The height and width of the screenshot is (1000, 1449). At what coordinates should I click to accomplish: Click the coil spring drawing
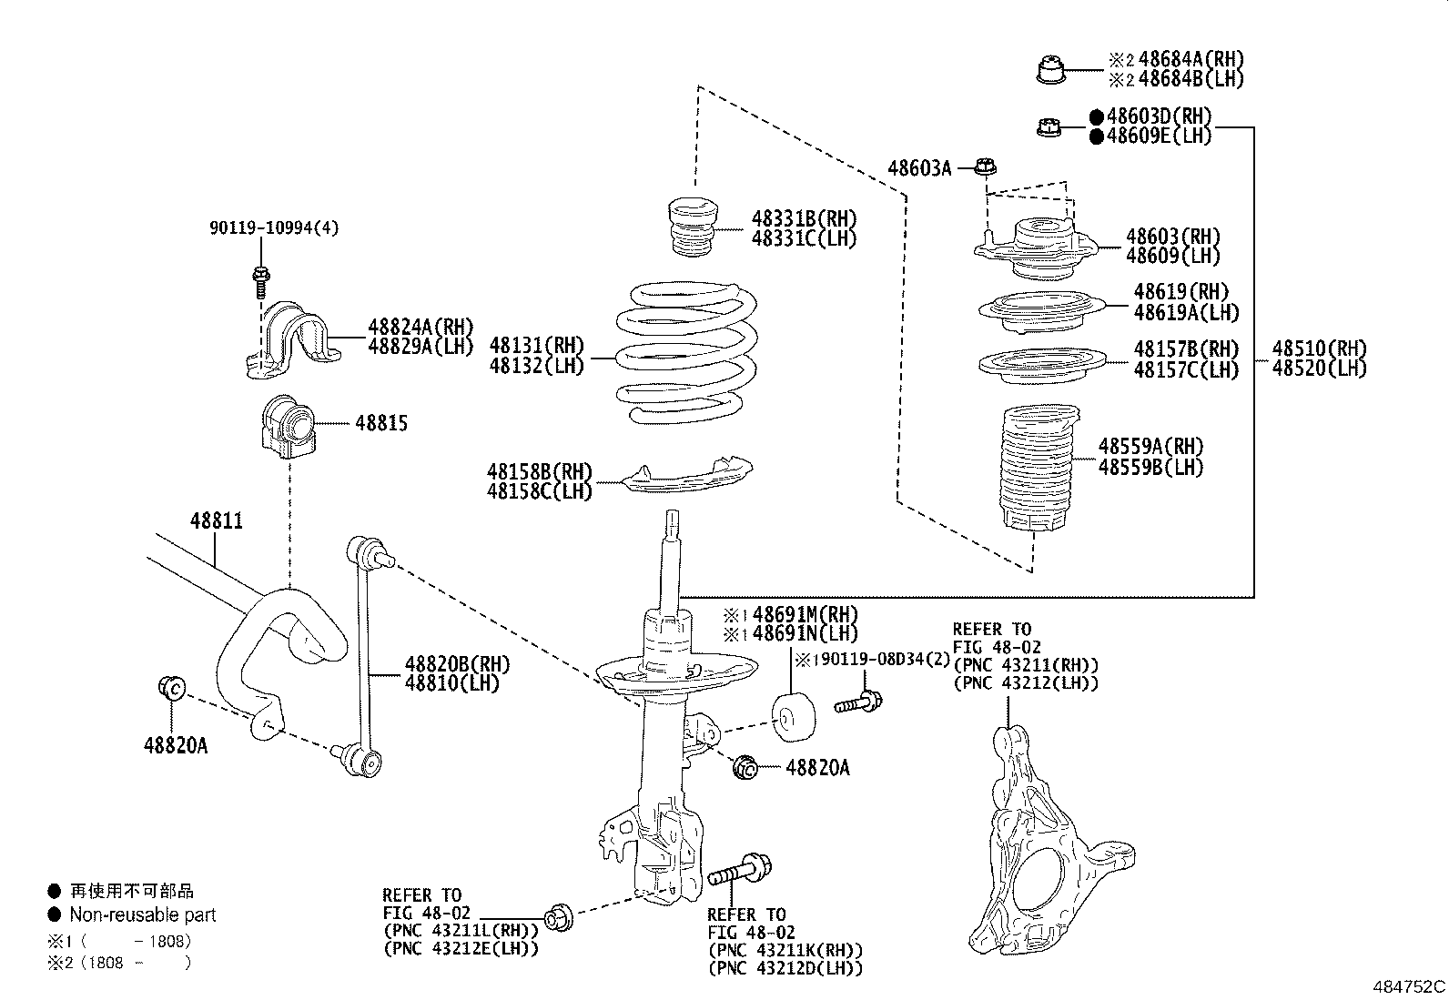[x=688, y=355]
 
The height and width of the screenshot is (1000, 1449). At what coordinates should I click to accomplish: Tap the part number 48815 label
[x=381, y=423]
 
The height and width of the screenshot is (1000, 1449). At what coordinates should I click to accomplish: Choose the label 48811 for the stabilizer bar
[x=217, y=521]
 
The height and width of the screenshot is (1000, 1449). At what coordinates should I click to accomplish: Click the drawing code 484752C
[x=1409, y=986]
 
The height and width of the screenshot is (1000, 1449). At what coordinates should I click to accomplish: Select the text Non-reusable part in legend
[x=143, y=915]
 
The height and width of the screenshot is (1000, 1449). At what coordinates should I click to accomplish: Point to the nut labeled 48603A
[x=985, y=167]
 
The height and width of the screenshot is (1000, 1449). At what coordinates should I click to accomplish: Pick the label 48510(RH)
[x=1319, y=348]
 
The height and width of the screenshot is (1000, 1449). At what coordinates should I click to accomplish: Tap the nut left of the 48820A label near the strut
[x=745, y=768]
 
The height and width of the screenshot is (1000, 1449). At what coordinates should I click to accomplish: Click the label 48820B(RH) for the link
[x=457, y=664]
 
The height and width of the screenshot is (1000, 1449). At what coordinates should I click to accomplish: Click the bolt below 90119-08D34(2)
[x=856, y=702]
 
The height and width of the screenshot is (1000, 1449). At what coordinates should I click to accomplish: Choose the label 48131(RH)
[x=536, y=346]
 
